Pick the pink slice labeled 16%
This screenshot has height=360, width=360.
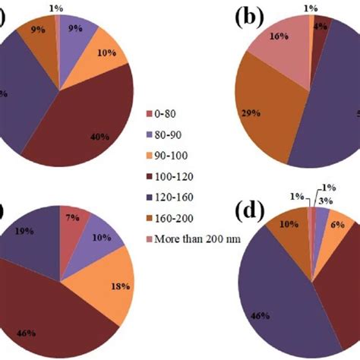click(x=282, y=50)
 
